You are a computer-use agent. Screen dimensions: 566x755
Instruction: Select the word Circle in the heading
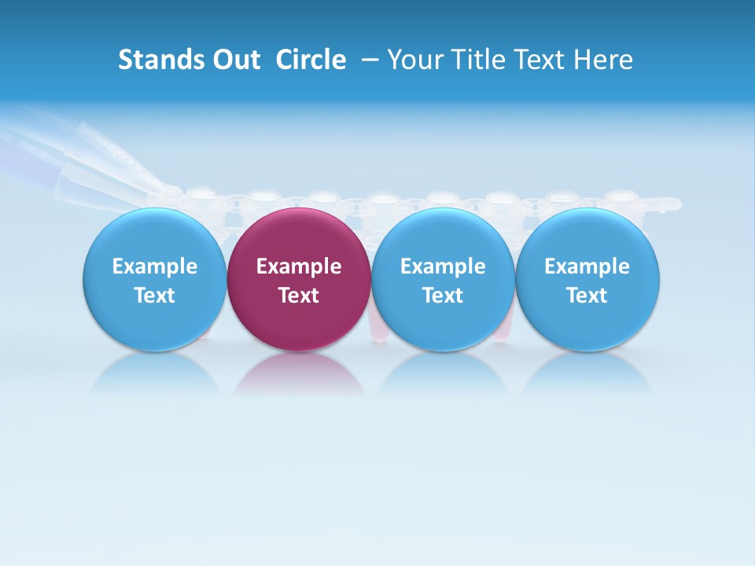click(311, 60)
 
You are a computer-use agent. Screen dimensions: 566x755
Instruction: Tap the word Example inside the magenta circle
click(299, 266)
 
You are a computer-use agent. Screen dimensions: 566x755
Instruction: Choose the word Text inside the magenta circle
click(299, 296)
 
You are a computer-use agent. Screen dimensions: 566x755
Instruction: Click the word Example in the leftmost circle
click(154, 266)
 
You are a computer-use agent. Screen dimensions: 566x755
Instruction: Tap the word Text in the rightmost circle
click(587, 296)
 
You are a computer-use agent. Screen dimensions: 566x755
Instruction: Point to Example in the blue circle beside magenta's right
click(443, 266)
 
